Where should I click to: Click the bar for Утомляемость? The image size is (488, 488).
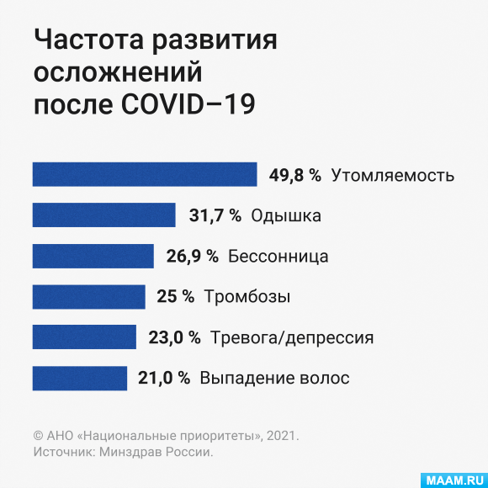coord(145,174)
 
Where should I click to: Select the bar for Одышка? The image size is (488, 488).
coord(104,215)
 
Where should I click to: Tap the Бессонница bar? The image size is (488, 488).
coord(93,256)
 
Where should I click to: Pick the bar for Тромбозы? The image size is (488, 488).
coord(88,297)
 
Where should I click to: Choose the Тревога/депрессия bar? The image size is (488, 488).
coord(84,337)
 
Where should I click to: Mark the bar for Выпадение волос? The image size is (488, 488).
coord(80,378)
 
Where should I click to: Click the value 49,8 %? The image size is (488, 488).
coord(295,175)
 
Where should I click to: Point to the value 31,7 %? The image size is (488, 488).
coord(215,215)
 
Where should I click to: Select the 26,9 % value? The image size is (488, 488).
coord(193,257)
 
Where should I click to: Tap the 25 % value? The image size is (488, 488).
coord(176,296)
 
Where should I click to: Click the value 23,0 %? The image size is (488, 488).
coord(174,337)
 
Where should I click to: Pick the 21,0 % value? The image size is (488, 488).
coord(164,379)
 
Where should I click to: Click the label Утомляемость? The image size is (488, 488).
coord(393,176)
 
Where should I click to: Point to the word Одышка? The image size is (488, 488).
coord(286,215)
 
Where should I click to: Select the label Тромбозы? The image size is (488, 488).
coord(247,297)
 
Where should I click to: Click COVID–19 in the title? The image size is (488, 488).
coord(188,104)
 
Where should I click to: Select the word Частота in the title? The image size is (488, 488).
coord(89,40)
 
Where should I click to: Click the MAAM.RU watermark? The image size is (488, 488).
coord(454,480)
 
